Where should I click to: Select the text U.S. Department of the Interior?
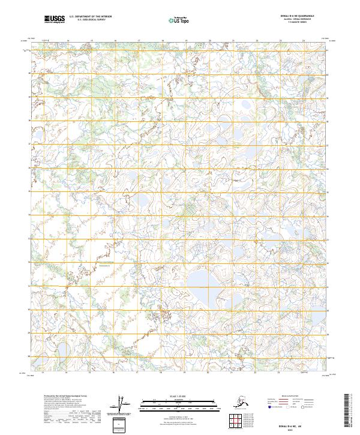pos(91,17)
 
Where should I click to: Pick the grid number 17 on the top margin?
pos(139,41)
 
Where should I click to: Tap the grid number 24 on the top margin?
pos(304,41)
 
